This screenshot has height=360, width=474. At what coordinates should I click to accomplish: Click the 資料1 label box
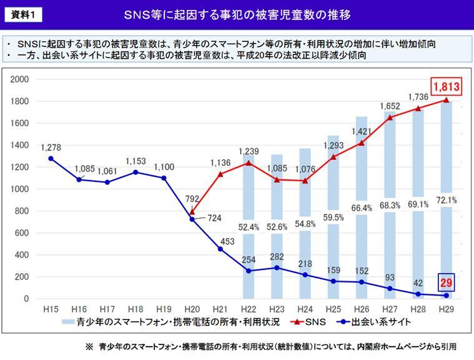click(x=26, y=14)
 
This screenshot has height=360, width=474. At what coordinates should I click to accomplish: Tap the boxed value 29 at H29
click(x=446, y=284)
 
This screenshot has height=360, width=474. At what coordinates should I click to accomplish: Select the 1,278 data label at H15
click(x=51, y=147)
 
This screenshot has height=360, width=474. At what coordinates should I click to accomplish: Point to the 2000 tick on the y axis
click(x=21, y=79)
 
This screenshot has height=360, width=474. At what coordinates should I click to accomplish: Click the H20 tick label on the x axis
click(x=192, y=309)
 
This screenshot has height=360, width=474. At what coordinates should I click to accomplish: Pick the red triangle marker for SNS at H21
click(x=221, y=174)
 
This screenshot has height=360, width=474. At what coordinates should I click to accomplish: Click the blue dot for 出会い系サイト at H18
click(x=136, y=172)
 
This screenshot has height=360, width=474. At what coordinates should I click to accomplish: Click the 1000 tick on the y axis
click(x=21, y=189)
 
